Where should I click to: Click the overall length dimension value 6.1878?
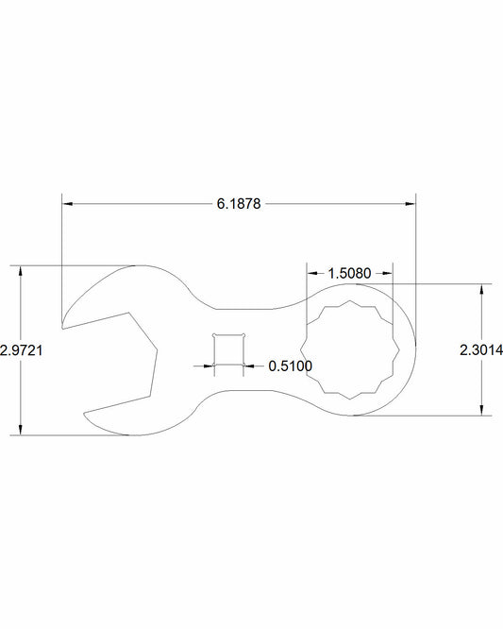(x=239, y=203)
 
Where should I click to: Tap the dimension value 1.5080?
(x=349, y=273)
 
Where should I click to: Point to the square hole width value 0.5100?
(x=290, y=365)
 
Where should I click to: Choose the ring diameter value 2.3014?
(x=481, y=348)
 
